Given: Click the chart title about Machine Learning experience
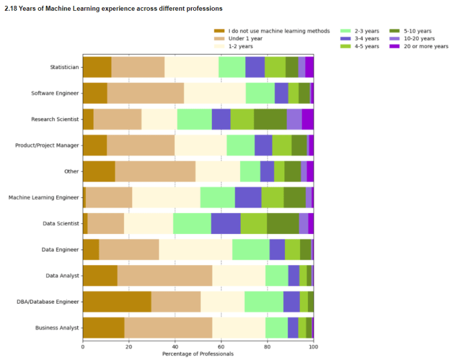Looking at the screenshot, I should tap(113, 9).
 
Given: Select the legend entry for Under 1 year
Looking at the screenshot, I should tap(245, 38).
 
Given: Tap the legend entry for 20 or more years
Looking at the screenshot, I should tap(424, 46).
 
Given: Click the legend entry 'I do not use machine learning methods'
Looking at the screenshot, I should tap(279, 31).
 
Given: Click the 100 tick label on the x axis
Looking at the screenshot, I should tap(313, 346).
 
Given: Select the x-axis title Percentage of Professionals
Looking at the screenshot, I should tap(198, 354).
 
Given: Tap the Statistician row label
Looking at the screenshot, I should tap(64, 67).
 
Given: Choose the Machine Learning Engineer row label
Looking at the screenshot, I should tap(43, 197).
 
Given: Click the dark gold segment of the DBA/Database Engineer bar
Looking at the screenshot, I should tap(117, 302).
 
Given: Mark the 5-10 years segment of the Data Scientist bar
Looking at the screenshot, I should tap(283, 223).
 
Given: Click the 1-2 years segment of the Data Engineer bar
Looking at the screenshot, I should tap(196, 250).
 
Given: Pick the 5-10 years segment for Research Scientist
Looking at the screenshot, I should tap(270, 119).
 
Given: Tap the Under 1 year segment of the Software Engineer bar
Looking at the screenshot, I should tap(146, 93).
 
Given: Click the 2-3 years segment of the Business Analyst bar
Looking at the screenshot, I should tap(277, 328).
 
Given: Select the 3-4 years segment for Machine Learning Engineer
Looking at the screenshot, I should tap(248, 197).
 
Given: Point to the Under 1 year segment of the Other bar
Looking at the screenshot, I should tap(155, 171).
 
